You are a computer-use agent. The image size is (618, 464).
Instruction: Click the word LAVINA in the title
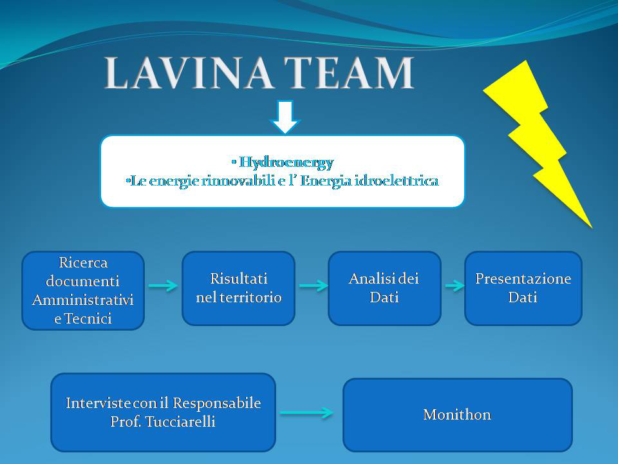click(189, 73)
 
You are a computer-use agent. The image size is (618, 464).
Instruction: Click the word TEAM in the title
click(349, 73)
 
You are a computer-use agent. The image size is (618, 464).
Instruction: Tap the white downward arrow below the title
click(285, 117)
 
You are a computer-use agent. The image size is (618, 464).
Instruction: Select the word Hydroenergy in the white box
click(286, 162)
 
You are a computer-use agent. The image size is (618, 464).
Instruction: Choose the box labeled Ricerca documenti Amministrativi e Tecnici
click(83, 291)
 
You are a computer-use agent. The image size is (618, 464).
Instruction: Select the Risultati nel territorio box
click(238, 289)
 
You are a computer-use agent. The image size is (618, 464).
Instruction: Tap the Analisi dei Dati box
click(384, 289)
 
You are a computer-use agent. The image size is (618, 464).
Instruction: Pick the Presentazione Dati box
click(523, 289)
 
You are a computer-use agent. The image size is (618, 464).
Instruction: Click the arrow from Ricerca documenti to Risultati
click(163, 285)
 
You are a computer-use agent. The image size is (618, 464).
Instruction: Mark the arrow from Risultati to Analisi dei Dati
click(314, 285)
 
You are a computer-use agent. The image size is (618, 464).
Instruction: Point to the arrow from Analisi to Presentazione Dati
click(455, 285)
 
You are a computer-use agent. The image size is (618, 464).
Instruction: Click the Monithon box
click(458, 414)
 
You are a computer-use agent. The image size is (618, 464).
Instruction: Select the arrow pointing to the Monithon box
click(306, 412)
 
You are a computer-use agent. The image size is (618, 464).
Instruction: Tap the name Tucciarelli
click(180, 421)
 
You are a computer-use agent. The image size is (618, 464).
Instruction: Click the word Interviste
click(98, 403)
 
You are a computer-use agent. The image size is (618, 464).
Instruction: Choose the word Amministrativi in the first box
click(83, 300)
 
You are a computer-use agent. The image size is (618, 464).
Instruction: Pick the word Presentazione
click(523, 279)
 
